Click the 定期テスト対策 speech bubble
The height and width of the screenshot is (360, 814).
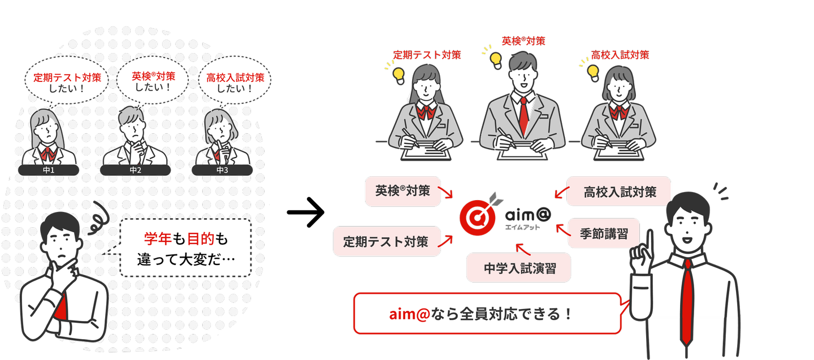(x=67, y=83)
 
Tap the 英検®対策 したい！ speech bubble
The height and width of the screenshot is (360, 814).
(x=153, y=81)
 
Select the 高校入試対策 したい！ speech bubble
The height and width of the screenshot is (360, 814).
(x=235, y=83)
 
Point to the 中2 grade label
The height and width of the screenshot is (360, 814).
(x=135, y=170)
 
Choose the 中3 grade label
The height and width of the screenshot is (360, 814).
(x=222, y=170)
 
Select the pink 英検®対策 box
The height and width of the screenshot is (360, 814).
(x=402, y=191)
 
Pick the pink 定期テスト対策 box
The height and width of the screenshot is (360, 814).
(x=387, y=241)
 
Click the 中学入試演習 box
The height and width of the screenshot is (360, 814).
(x=518, y=268)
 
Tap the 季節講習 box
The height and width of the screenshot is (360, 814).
(x=604, y=233)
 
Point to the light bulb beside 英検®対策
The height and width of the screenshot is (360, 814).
(x=496, y=59)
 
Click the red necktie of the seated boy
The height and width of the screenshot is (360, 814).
(x=523, y=113)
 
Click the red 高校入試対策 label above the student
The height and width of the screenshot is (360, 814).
(x=620, y=55)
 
